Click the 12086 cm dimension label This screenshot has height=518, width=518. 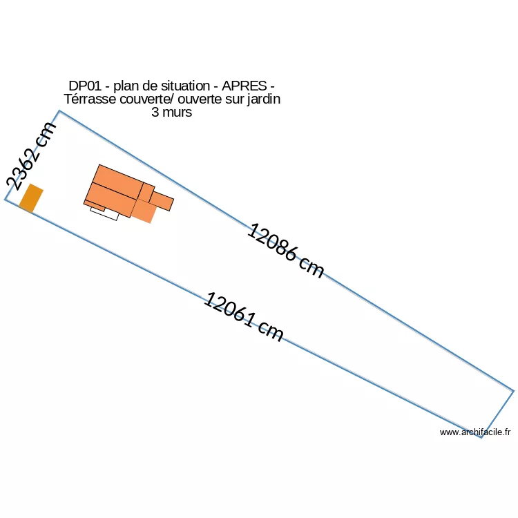coord(285,251)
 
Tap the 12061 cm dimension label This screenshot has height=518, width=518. coord(244,317)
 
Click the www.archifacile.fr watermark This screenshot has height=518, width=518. coord(475,432)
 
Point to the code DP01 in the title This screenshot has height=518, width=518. coord(85,86)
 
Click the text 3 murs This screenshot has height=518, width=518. coord(171,112)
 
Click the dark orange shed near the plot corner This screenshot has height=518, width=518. coord(31,198)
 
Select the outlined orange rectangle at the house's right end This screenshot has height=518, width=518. coord(162,201)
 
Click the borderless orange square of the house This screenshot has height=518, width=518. coord(144,211)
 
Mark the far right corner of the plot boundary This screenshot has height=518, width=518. coord(514,391)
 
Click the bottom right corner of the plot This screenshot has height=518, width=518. coord(481,438)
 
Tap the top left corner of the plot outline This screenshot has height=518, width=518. coord(59,111)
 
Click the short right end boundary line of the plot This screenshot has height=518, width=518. coord(498,414)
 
